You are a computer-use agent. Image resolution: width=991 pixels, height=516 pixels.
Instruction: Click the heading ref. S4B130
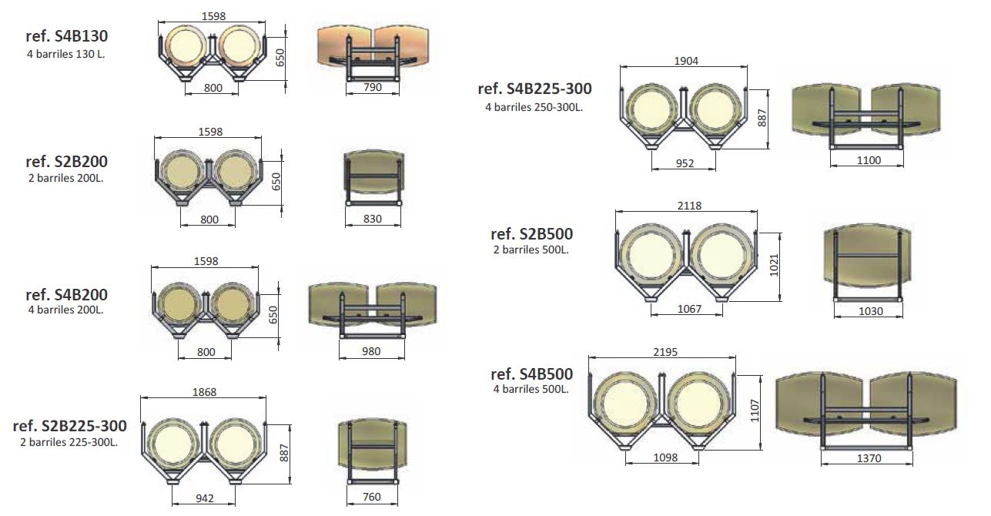tap(67, 36)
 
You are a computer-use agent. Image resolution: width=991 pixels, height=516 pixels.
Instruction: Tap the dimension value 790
tap(373, 87)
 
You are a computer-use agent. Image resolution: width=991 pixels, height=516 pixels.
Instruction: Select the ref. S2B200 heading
tap(67, 162)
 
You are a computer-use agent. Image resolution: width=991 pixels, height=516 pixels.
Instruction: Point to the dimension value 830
tap(373, 219)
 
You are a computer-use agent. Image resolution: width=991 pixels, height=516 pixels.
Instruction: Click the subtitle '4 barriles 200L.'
tap(66, 310)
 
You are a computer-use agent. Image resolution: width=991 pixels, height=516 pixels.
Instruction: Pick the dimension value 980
tap(371, 351)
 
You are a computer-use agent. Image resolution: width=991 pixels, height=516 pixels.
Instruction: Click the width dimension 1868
tap(204, 392)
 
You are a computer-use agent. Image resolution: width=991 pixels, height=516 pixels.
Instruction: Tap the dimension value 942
tap(205, 498)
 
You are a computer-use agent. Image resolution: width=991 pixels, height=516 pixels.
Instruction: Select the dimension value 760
tap(372, 497)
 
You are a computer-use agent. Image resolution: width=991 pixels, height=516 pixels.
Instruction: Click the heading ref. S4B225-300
tap(535, 89)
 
